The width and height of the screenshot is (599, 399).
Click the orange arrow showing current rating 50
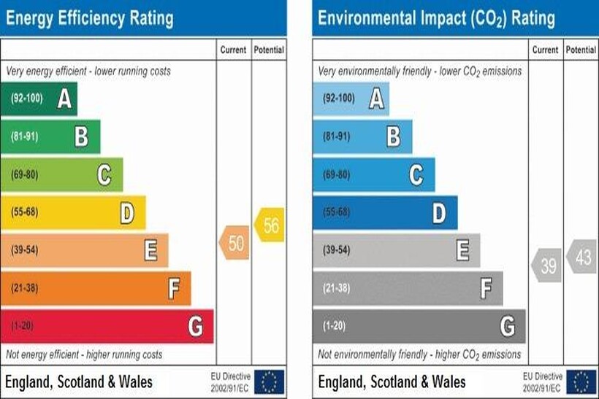click(234, 243)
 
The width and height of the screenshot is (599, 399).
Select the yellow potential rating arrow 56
click(270, 225)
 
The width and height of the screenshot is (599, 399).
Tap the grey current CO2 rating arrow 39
click(546, 266)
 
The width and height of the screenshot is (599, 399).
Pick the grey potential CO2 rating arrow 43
click(582, 256)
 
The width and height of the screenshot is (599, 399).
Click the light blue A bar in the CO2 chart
click(351, 98)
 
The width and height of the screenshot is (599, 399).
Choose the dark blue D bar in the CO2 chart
click(385, 212)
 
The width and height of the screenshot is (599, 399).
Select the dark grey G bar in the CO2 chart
click(419, 326)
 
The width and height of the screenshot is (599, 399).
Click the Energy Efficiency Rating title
click(90, 18)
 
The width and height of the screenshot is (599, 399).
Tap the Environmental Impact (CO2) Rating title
click(436, 18)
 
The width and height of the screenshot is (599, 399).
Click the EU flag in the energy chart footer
click(270, 381)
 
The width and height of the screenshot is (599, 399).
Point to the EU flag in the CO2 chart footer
click(582, 381)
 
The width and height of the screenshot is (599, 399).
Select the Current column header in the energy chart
click(234, 50)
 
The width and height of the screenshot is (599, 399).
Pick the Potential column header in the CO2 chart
click(581, 50)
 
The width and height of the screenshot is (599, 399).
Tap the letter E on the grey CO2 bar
click(463, 250)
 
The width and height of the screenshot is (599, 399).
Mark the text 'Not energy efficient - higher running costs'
click(85, 355)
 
